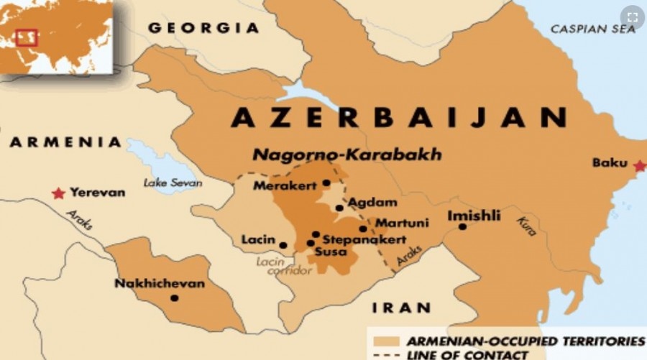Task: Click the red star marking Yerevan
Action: pos(58,193)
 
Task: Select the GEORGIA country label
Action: pos(203,29)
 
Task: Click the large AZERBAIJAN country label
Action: pos(398,117)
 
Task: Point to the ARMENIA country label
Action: pos(65,142)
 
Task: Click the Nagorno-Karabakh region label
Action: pos(347,155)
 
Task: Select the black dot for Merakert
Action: pos(326,183)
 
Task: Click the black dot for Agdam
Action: pos(339,208)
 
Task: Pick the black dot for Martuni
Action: pos(363,229)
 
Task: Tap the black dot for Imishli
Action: pos(462,227)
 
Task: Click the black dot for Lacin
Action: pos(283,245)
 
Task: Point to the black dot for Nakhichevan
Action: pos(174,297)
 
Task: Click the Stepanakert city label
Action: pos(364,240)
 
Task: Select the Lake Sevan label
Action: pos(173,183)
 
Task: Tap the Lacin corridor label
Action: pos(285,266)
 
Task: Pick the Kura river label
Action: pos(526,226)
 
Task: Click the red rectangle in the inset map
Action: pos(27,37)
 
